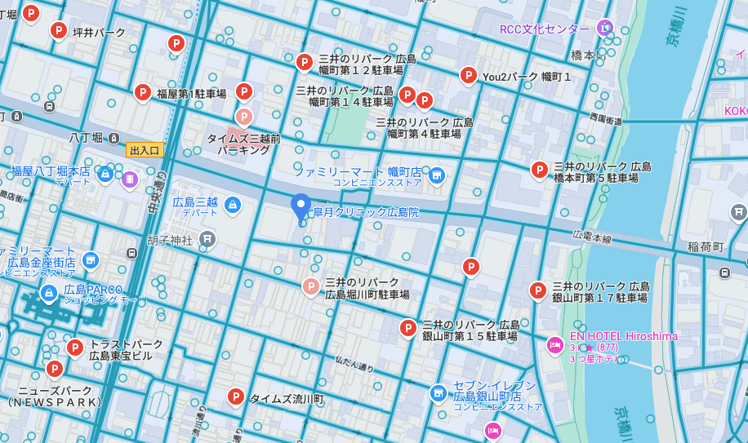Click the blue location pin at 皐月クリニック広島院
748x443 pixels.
point(301,206)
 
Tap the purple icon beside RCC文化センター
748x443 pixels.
point(604,29)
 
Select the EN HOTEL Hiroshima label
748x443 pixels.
point(623,336)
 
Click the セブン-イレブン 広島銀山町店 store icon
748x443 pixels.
point(439,393)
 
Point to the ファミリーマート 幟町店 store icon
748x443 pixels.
point(437,175)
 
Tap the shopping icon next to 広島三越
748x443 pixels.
point(233,204)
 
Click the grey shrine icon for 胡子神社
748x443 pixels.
point(207,239)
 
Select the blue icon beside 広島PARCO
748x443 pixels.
point(49,291)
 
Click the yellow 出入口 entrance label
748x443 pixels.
point(145,150)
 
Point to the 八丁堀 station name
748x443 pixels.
point(85,138)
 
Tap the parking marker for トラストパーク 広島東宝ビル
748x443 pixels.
point(75,348)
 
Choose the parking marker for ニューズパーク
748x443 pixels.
point(55,369)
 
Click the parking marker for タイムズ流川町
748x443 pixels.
point(236,396)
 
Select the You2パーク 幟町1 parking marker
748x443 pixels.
point(468,75)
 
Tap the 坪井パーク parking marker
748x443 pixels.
point(58,30)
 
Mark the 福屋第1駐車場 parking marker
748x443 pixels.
point(143,92)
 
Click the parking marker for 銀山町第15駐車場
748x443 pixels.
point(408,327)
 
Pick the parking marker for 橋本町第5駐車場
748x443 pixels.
point(539,170)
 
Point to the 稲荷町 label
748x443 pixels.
point(706,246)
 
